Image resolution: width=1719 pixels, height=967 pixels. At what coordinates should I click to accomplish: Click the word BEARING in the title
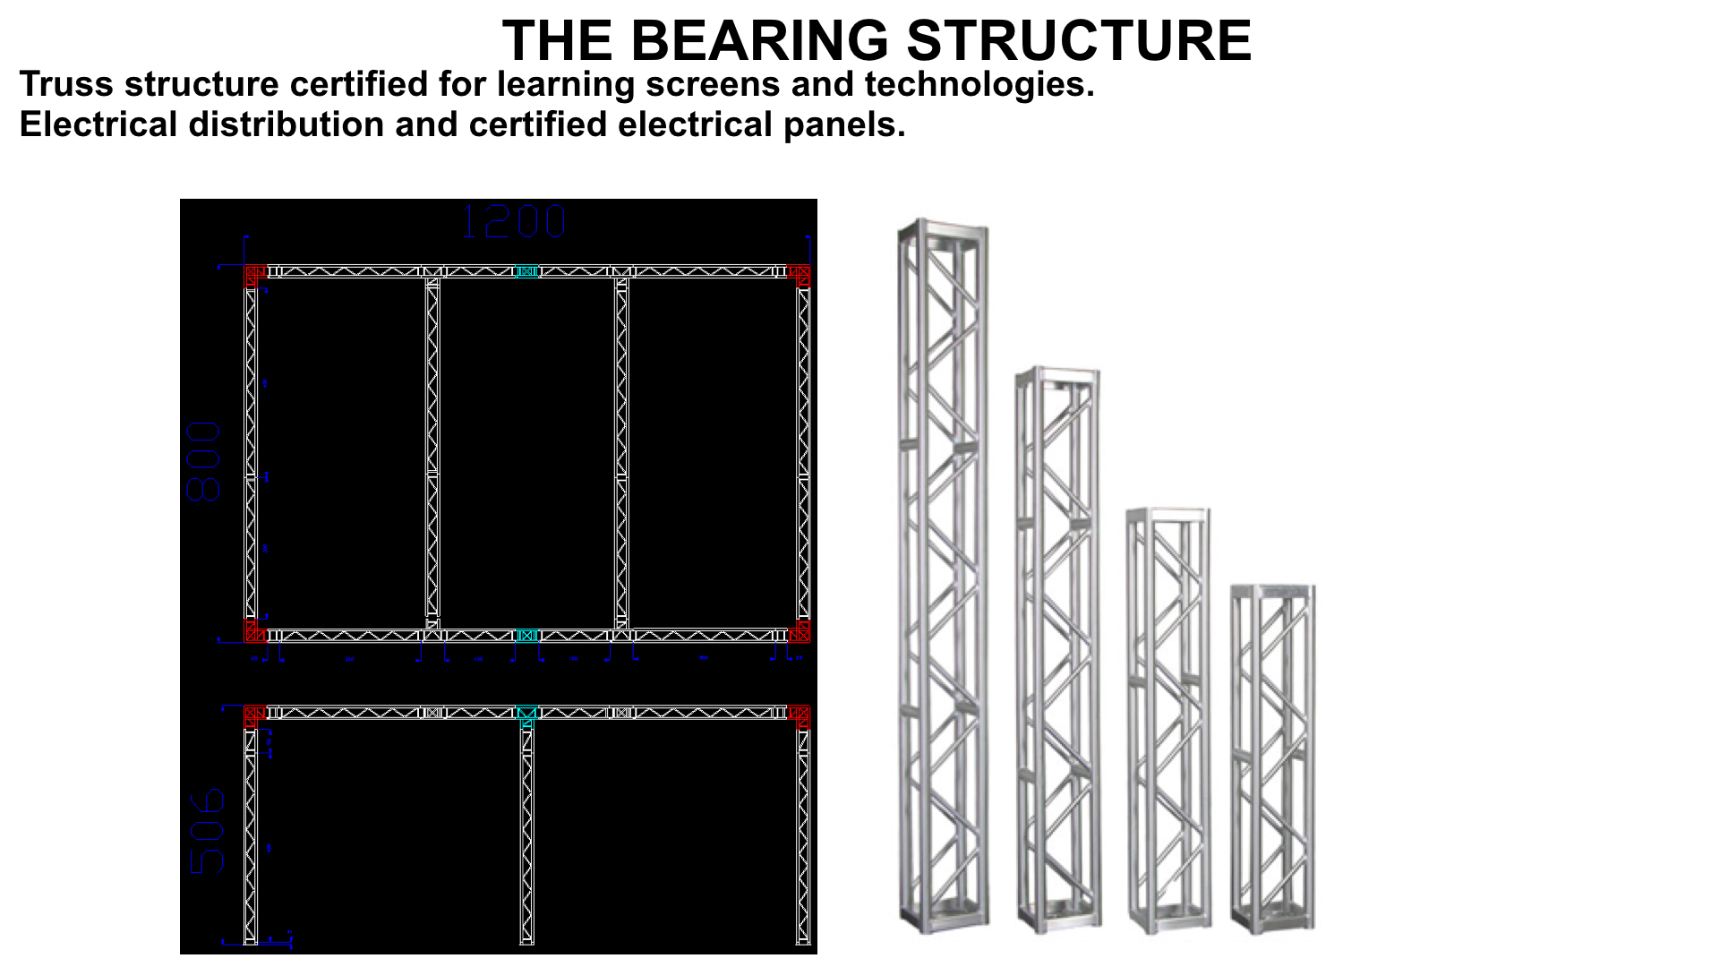tap(760, 41)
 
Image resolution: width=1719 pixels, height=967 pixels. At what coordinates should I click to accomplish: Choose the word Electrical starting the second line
tap(98, 124)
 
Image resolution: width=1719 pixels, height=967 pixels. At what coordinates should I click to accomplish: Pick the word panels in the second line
tap(844, 124)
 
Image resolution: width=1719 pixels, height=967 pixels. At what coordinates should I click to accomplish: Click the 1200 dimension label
tap(513, 222)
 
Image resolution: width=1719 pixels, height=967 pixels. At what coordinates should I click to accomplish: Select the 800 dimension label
tap(204, 461)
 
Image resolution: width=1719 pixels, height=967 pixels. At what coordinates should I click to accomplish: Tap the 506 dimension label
tap(208, 831)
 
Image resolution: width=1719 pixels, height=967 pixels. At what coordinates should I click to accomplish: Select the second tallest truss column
tap(1057, 649)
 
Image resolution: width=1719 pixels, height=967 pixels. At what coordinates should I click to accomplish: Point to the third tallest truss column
tap(1168, 720)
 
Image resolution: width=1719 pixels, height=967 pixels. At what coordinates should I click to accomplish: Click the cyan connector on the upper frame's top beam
tap(527, 271)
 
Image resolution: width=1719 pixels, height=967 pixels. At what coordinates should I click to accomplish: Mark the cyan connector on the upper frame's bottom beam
tap(527, 636)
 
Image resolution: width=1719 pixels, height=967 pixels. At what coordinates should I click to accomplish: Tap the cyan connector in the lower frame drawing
tap(526, 715)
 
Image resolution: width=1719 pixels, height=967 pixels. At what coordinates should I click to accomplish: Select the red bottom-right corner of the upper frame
tap(800, 632)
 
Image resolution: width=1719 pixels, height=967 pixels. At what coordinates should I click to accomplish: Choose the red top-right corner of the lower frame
tap(800, 716)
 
